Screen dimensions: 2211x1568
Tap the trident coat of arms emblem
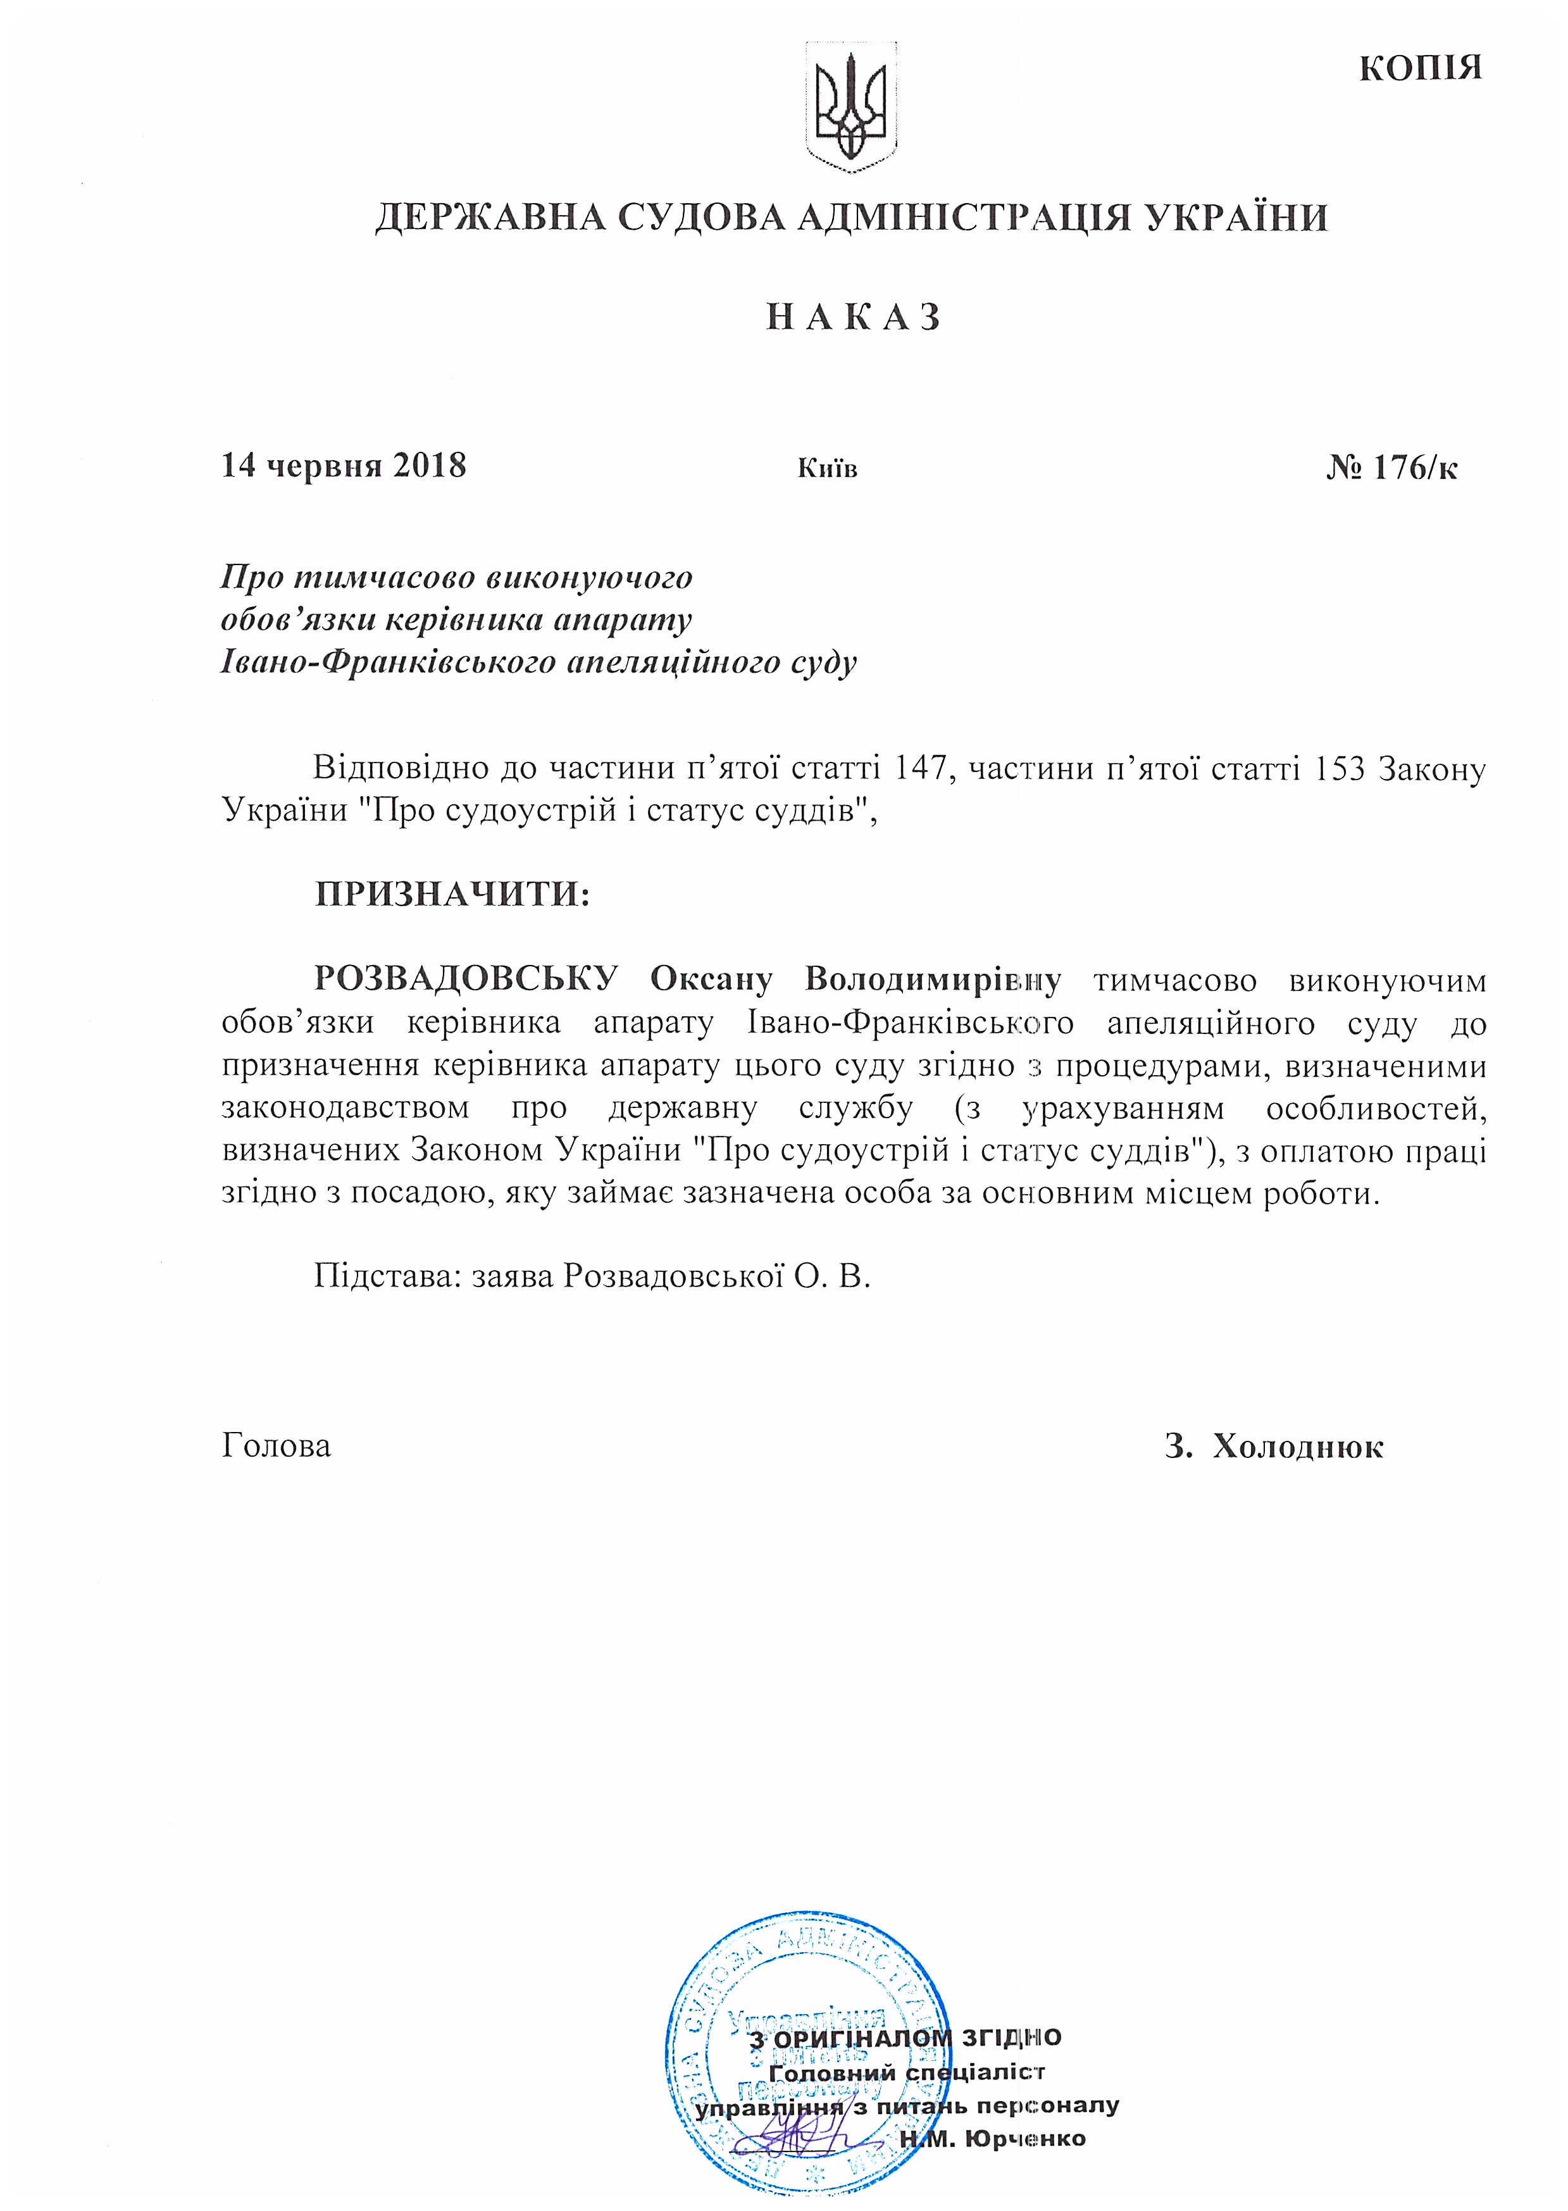pos(850,109)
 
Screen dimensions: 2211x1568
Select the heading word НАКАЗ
pos(854,318)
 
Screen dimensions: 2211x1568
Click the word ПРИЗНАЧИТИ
pos(451,894)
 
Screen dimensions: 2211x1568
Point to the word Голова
pos(276,1447)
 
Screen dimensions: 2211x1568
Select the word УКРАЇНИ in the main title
pos(1237,217)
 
